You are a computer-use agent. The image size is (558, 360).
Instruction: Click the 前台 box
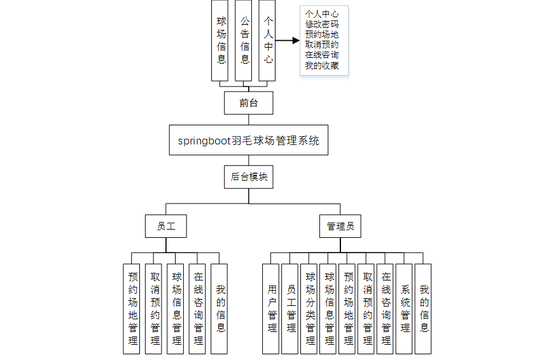click(x=249, y=102)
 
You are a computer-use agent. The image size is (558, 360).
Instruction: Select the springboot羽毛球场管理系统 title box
click(x=249, y=140)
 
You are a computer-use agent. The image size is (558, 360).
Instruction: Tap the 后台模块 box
click(x=249, y=177)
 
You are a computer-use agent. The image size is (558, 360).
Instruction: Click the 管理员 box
click(x=340, y=226)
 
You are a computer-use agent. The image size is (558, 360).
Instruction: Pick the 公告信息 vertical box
click(x=244, y=39)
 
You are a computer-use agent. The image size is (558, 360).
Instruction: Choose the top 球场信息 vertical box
click(x=221, y=39)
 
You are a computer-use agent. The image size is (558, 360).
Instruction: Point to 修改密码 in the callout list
click(x=321, y=24)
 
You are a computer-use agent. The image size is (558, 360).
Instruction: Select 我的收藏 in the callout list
click(x=321, y=65)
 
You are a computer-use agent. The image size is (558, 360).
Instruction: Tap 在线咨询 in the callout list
click(x=321, y=55)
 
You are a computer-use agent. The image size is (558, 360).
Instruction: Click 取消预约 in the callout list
click(x=321, y=45)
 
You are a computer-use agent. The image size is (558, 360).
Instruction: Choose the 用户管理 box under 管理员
click(x=272, y=308)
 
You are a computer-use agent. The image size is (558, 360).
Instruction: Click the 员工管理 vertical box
click(x=291, y=308)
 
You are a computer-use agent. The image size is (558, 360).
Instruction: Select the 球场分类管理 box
click(x=310, y=308)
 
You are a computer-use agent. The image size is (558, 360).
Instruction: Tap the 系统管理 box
click(x=405, y=308)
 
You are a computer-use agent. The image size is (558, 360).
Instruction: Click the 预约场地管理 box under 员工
click(x=132, y=308)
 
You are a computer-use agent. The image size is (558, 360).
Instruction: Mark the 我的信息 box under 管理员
click(x=424, y=308)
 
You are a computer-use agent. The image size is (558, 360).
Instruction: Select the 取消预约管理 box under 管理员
click(x=367, y=308)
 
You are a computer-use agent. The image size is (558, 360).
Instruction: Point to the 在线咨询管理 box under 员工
click(x=198, y=308)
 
